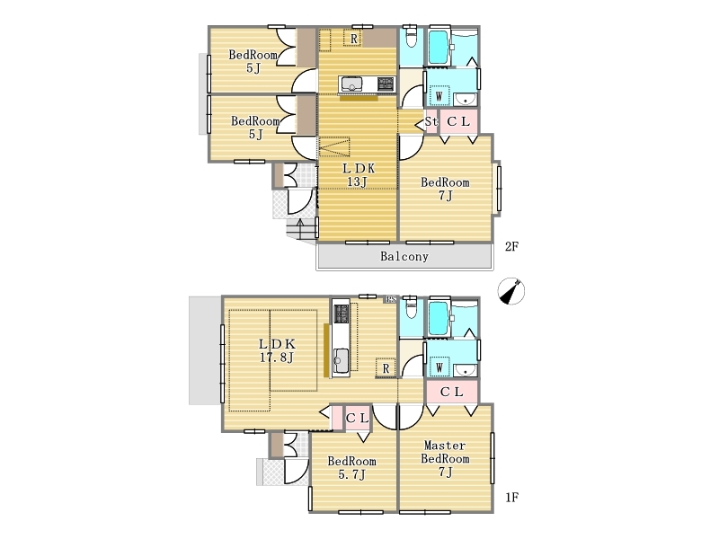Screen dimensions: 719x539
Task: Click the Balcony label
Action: click(x=404, y=256)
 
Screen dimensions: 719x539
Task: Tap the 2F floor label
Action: click(x=511, y=246)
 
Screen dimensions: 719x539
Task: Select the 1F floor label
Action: click(x=511, y=497)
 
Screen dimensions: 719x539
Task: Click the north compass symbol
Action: click(x=511, y=291)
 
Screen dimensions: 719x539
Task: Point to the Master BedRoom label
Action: click(x=445, y=452)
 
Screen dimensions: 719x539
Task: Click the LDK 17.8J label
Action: click(x=277, y=350)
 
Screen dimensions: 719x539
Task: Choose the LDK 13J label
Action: click(x=358, y=175)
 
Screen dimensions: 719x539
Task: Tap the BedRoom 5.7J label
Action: click(x=351, y=467)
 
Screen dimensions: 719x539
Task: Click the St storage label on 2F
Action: click(x=431, y=121)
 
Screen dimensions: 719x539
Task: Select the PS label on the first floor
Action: click(x=391, y=299)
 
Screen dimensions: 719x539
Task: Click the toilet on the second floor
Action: click(x=411, y=37)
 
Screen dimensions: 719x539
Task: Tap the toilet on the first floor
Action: click(x=411, y=307)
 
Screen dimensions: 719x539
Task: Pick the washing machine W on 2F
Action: click(x=439, y=96)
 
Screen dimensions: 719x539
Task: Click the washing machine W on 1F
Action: click(x=439, y=367)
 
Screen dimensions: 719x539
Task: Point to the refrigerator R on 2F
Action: click(x=353, y=39)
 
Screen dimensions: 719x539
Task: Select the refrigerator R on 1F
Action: click(x=386, y=367)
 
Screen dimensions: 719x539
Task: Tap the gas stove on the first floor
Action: click(x=341, y=314)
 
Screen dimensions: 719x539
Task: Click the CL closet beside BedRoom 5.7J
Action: click(x=357, y=418)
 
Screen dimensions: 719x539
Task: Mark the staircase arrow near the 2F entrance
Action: click(x=300, y=228)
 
